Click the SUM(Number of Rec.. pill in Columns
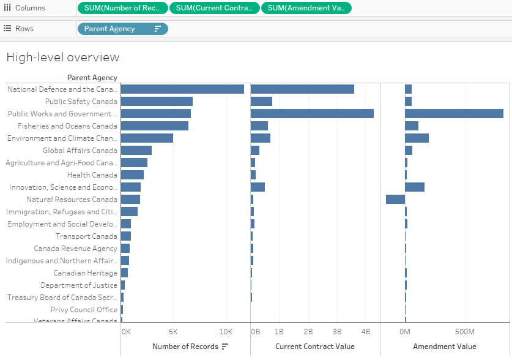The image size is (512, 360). pos(122,8)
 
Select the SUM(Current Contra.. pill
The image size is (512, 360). pos(214,8)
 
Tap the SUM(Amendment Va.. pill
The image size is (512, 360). pos(306,8)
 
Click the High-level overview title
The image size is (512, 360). pos(62,58)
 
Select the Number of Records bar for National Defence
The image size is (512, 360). pos(182,89)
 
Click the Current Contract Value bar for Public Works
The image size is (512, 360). pos(312,114)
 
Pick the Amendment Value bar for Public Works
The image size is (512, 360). pos(454,114)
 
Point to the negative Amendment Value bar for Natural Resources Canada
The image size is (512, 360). pos(395,200)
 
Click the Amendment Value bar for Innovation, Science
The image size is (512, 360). pos(415,187)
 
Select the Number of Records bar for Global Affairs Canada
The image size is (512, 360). pos(136,151)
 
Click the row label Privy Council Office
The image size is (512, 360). pos(84,310)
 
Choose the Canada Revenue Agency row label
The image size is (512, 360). pos(75,249)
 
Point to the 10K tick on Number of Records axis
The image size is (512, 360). pos(226,331)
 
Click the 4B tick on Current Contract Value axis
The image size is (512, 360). pos(365,331)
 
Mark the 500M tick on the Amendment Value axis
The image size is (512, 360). pos(464,331)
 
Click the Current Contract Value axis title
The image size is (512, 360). pos(314,347)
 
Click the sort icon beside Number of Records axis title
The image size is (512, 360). pos(225,347)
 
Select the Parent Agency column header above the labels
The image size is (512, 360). pos(92,78)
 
